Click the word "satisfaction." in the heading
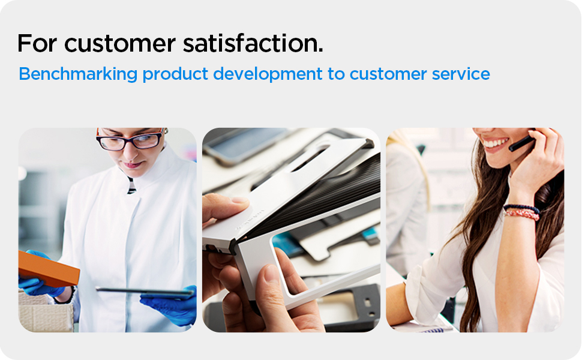tap(253, 43)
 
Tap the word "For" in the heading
tap(37, 43)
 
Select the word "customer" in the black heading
tap(119, 43)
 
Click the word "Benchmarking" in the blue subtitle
tap(78, 74)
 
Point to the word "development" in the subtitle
tap(268, 74)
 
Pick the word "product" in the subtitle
tap(175, 74)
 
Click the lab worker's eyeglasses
tap(130, 140)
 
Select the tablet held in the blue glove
tap(145, 292)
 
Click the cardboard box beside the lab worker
tap(45, 312)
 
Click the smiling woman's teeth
tap(496, 143)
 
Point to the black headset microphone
tap(521, 143)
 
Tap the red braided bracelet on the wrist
tap(521, 214)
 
